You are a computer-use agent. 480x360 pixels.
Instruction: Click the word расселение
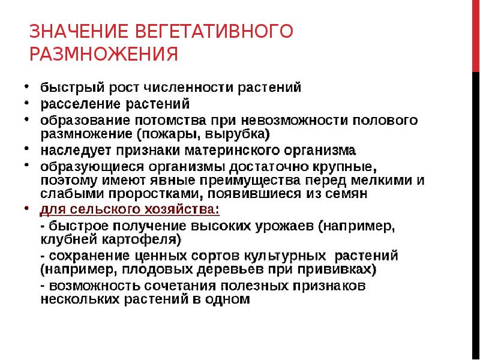[x=74, y=103]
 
